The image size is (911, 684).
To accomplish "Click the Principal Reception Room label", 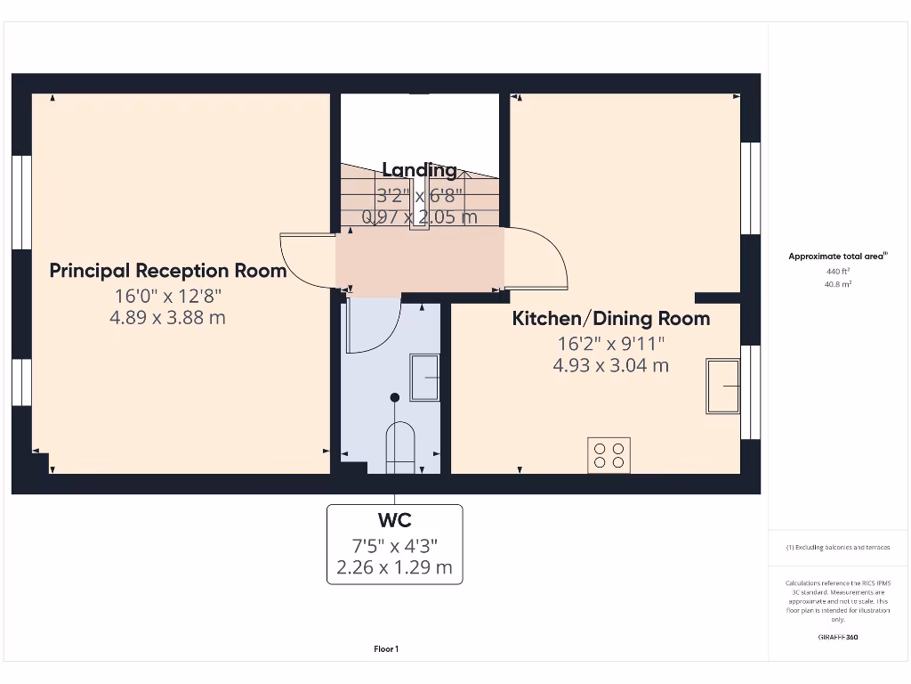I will pos(167,271).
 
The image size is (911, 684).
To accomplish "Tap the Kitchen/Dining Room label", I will pos(610,319).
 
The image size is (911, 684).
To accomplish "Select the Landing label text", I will pos(419,170).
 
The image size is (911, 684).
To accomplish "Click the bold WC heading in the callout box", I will pos(394,520).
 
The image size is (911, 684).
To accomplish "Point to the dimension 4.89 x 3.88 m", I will pos(167,317).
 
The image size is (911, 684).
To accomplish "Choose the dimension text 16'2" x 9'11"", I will pos(610,343).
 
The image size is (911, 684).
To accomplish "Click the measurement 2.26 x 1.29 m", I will pos(394,567).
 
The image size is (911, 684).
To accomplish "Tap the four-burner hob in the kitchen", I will pos(609,455).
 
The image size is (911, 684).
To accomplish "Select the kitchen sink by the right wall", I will pos(722,386).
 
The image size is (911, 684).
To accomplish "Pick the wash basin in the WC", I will pos(424,378).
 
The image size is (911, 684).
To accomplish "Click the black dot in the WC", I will pos(395,397).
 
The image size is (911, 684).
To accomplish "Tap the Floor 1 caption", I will pos(386,649).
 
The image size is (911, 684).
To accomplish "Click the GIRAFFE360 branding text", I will pos(837,637).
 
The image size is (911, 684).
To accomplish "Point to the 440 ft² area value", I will pos(837,271).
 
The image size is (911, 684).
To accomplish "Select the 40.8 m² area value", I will pos(837,284).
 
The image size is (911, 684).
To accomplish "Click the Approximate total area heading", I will pos(837,256).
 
